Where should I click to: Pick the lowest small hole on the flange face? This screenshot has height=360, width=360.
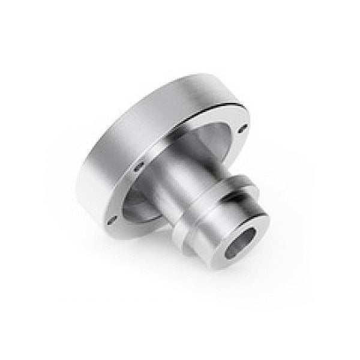click(x=111, y=214)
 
